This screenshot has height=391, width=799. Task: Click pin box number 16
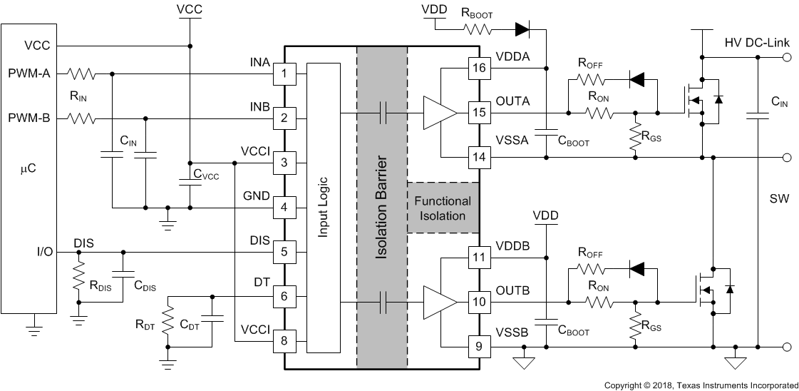click(479, 68)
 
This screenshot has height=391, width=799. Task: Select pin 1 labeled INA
click(285, 73)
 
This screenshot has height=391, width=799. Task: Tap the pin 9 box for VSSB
click(479, 347)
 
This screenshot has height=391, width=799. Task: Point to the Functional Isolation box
click(442, 208)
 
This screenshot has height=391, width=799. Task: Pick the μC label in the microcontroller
click(29, 172)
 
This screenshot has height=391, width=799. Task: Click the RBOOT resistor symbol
click(478, 29)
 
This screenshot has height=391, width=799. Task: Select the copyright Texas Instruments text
click(701, 385)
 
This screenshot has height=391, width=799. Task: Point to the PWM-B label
click(29, 118)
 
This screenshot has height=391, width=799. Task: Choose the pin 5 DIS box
click(285, 251)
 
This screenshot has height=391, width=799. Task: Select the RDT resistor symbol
click(168, 325)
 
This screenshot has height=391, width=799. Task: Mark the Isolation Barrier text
click(382, 208)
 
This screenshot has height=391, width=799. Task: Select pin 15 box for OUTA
click(479, 112)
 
